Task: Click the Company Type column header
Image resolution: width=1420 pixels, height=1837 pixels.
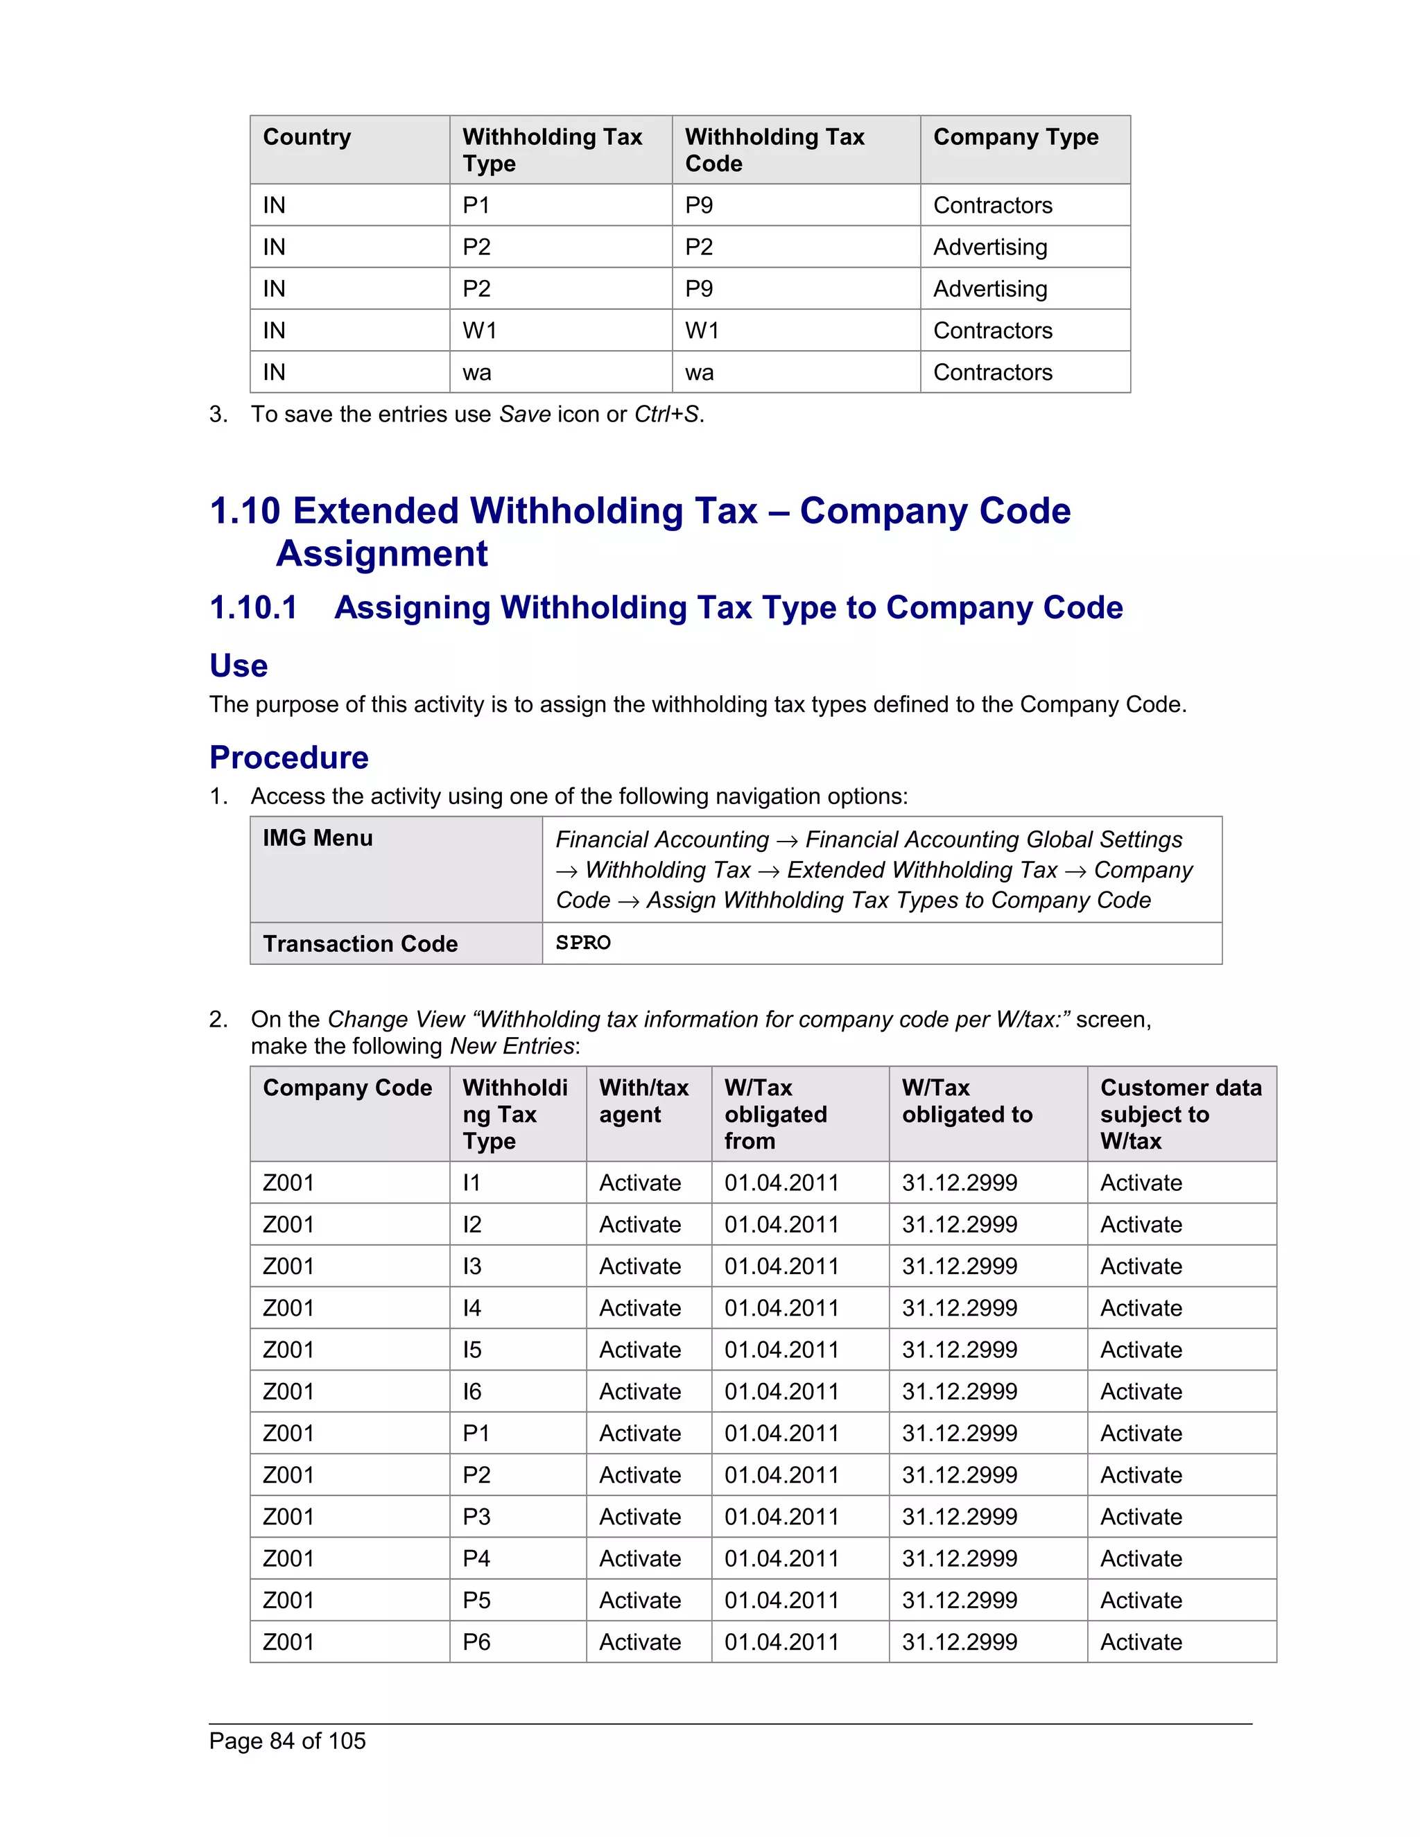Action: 1015,137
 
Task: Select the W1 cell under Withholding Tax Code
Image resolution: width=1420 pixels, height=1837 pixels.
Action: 702,331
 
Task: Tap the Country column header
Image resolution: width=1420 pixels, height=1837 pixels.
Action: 307,137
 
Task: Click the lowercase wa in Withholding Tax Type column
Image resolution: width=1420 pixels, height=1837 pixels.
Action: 477,373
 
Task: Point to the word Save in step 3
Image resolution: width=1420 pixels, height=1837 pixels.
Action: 525,415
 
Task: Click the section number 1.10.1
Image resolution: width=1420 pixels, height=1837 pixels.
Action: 253,607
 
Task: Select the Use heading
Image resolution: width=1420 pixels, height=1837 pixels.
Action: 238,665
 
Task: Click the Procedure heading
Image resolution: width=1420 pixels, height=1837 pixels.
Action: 288,757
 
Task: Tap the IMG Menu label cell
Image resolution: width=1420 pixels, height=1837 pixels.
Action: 318,839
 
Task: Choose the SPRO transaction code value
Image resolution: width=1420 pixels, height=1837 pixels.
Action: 583,943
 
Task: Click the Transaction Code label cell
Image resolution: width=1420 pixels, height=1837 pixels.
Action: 360,943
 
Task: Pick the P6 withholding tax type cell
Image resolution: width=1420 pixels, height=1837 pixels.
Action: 476,1642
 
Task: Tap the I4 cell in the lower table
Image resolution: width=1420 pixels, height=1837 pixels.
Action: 472,1309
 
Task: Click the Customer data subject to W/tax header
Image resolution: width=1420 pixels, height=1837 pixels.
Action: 1180,1115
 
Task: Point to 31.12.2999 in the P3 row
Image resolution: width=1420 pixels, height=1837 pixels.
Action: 959,1517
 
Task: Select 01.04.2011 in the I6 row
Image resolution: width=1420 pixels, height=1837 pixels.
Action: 781,1392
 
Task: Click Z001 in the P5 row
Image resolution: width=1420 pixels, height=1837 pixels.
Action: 288,1601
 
